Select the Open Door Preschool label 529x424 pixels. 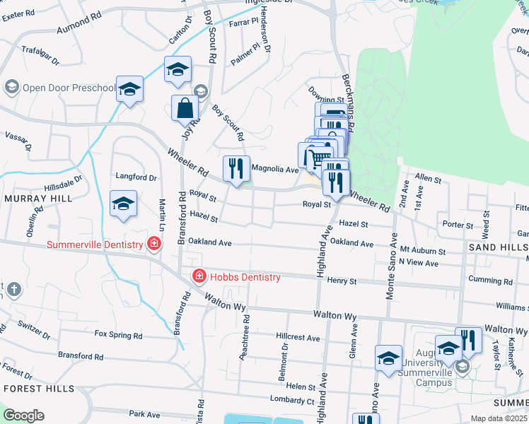(x=69, y=88)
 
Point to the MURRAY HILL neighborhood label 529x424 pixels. (x=38, y=199)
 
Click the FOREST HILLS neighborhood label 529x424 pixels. (x=38, y=389)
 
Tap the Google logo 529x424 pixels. (x=23, y=416)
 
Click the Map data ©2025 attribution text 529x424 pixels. (x=499, y=418)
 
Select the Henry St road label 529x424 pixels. (x=342, y=281)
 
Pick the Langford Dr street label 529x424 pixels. (x=136, y=177)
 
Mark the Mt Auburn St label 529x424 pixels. (x=422, y=251)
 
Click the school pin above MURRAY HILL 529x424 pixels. (x=124, y=204)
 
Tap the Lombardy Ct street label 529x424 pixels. (x=292, y=401)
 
